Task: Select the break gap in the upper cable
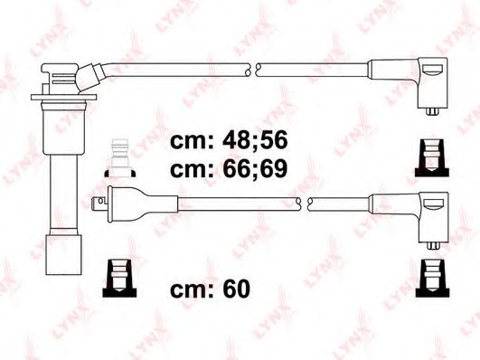pos(255,68)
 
